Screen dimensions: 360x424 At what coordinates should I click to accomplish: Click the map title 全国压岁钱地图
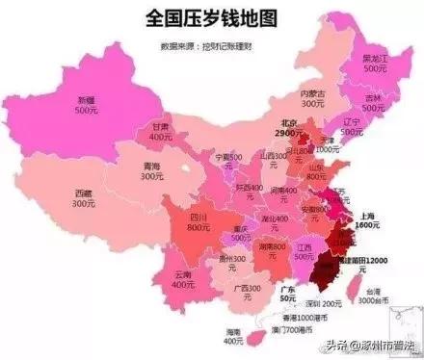point(211,18)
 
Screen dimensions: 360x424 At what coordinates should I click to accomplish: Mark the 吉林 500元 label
point(376,102)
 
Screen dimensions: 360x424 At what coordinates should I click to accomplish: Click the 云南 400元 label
point(185,279)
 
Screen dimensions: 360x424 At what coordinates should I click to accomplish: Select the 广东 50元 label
point(286,295)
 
